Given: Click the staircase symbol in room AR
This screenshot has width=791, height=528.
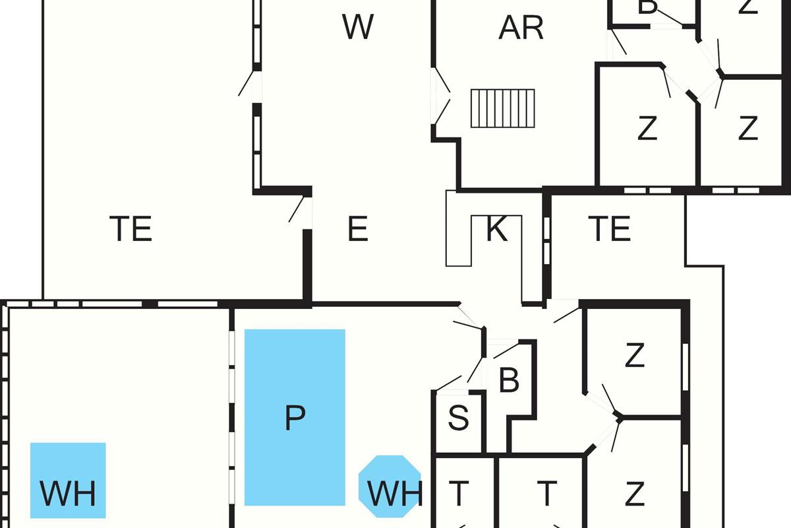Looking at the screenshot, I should (502, 108).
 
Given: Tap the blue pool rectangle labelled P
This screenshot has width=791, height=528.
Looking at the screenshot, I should (295, 417).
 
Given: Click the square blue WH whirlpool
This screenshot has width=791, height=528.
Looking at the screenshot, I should (68, 480).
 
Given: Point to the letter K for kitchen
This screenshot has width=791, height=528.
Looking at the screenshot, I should (496, 230).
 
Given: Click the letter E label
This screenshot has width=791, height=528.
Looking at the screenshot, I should (357, 230).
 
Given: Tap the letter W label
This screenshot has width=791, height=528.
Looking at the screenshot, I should (358, 27).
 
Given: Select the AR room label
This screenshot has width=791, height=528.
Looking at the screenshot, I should (521, 28).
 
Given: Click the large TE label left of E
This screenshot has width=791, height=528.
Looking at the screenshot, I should (131, 230).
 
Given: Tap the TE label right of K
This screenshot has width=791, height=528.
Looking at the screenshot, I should (609, 229).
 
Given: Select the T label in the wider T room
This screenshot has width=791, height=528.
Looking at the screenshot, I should (546, 492).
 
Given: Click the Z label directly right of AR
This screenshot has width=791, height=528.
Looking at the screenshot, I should (647, 128).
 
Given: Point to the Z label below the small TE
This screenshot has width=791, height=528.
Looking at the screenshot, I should (634, 356).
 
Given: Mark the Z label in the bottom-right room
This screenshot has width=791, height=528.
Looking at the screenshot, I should (634, 493).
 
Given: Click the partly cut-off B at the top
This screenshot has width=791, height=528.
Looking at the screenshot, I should (649, 7).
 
